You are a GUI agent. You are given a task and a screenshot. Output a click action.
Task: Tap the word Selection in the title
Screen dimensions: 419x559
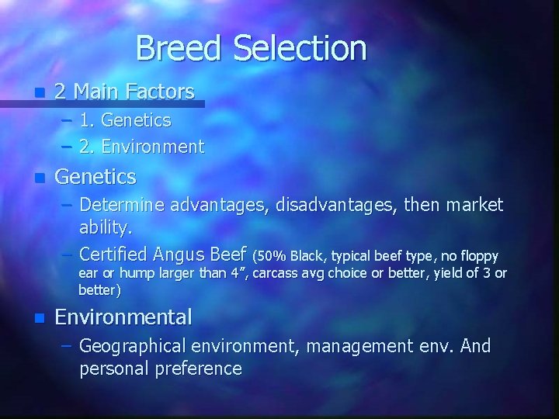[x=298, y=48]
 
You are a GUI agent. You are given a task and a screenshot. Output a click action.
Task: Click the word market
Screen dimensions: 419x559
[x=473, y=206]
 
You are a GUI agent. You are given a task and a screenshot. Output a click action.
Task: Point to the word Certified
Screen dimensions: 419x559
[x=113, y=253]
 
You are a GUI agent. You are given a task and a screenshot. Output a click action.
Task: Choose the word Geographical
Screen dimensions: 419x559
[x=133, y=345]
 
